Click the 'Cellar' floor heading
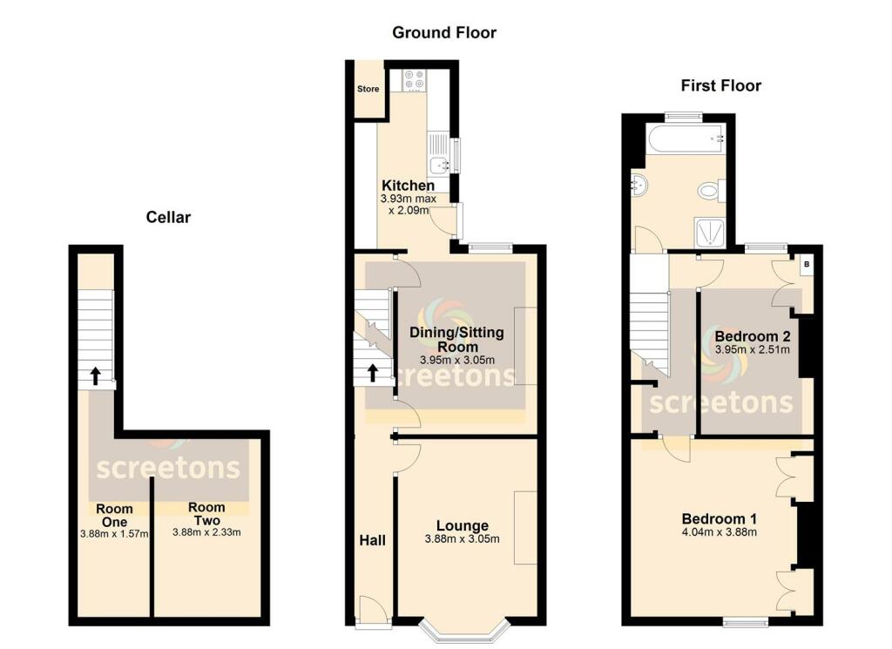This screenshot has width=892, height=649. click(167, 217)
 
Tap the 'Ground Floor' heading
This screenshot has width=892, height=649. click(444, 33)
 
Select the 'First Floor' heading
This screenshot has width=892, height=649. click(720, 85)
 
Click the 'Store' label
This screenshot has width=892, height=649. click(368, 89)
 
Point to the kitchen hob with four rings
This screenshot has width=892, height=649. click(415, 80)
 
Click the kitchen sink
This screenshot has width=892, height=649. click(438, 163)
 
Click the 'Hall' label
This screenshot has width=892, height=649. click(373, 540)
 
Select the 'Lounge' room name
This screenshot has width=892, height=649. click(462, 525)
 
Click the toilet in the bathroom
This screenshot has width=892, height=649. click(711, 191)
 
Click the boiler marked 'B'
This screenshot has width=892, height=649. click(806, 264)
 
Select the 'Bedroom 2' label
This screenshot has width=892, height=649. click(752, 336)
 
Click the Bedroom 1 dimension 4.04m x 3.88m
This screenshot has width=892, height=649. click(719, 531)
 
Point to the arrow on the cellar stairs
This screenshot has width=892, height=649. click(94, 376)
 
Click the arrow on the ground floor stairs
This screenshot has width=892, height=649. click(372, 373)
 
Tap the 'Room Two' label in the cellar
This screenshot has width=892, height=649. click(206, 513)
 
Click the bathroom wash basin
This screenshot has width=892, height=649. click(641, 184)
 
